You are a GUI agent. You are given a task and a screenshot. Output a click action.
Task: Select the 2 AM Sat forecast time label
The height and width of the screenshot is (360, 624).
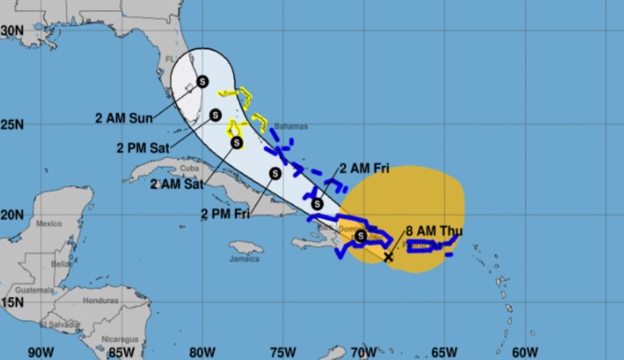(x=177, y=184)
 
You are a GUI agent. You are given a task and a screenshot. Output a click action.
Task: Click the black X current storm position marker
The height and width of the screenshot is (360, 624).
(x=388, y=257)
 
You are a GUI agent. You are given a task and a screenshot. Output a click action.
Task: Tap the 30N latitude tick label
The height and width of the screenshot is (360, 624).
(x=11, y=29)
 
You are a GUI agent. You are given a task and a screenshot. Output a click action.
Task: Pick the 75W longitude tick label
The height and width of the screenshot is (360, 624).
(x=282, y=353)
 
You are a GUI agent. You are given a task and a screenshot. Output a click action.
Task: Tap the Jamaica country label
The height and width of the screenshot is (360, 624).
(x=244, y=258)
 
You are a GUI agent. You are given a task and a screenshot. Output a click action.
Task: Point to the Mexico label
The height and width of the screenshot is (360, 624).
(x=49, y=223)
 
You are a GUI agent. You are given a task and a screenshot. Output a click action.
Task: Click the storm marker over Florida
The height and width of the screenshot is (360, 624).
(x=202, y=80)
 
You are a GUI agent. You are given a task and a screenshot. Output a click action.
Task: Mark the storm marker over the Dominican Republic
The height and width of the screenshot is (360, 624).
(x=361, y=236)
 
